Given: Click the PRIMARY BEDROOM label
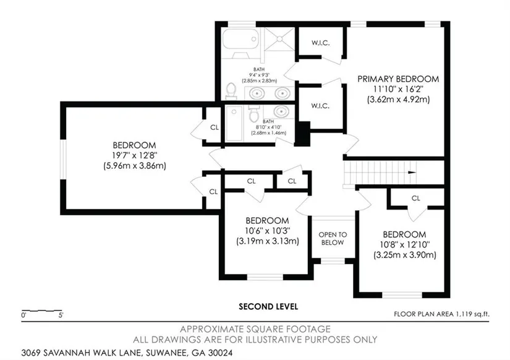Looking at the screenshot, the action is click(x=398, y=79).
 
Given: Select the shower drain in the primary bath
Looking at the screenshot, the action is click(x=279, y=39).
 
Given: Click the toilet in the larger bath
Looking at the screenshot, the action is click(x=231, y=90).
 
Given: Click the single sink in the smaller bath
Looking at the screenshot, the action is click(x=281, y=111).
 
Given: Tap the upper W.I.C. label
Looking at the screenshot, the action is click(x=320, y=43).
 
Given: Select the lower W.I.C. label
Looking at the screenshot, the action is click(x=320, y=106).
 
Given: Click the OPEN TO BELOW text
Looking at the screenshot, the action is click(x=333, y=239).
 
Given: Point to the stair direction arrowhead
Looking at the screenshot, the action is click(x=412, y=173).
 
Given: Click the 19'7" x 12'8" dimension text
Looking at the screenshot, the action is click(x=134, y=156).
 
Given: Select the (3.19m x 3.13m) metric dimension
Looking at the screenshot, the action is click(x=267, y=241).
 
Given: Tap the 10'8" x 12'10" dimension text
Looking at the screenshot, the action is click(x=405, y=244).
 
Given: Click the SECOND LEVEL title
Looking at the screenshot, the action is click(x=268, y=307).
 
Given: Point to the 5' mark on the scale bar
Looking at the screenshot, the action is click(x=61, y=315).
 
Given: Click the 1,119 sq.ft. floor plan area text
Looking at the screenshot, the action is click(x=472, y=314).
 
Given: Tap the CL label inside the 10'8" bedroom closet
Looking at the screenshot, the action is click(x=415, y=198).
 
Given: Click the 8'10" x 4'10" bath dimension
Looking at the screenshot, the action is click(x=269, y=127).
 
